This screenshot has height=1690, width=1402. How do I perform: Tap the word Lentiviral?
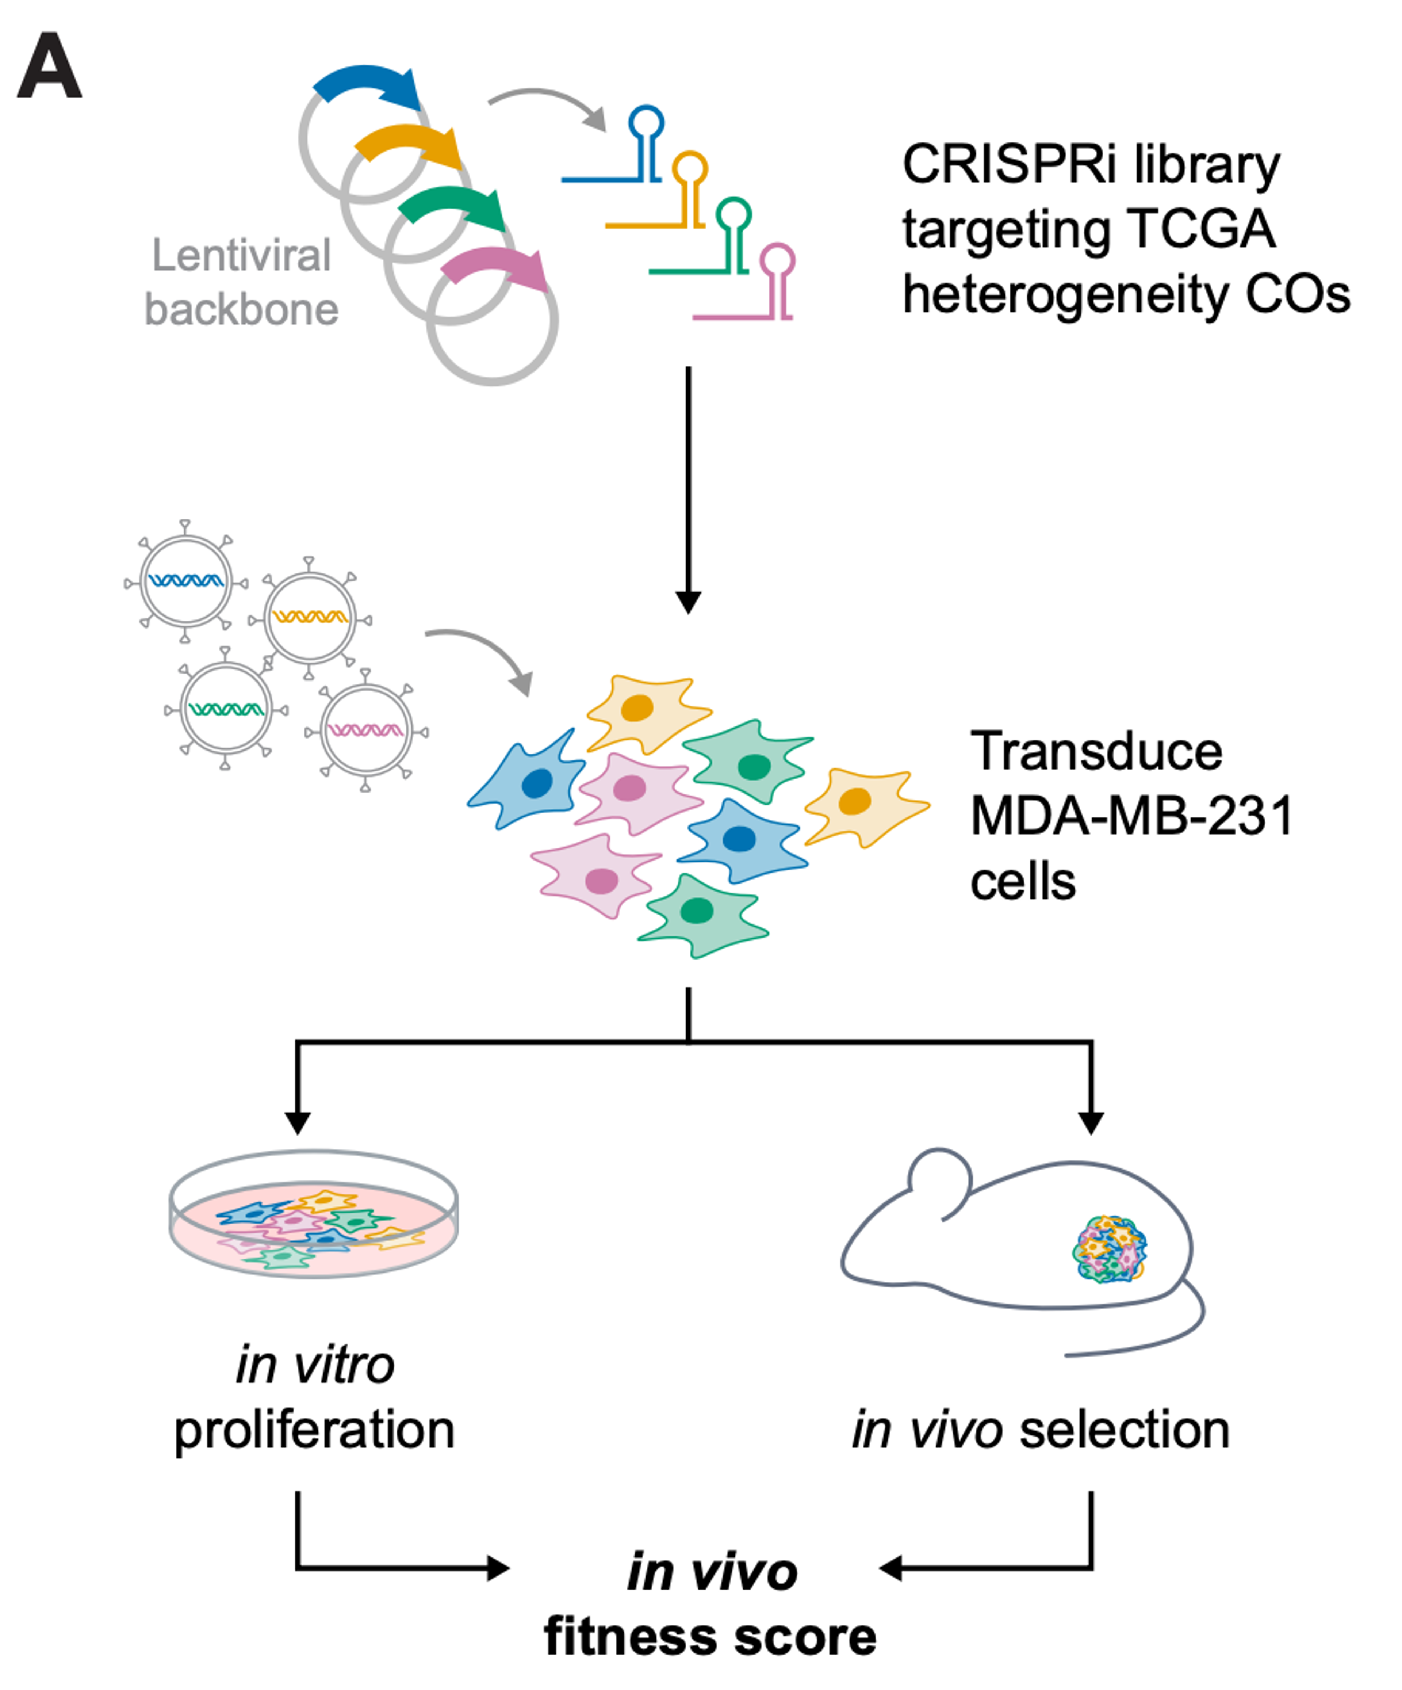tap(241, 256)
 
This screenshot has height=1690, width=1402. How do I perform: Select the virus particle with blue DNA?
tap(186, 581)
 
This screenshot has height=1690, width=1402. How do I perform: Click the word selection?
tap(1125, 1431)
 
